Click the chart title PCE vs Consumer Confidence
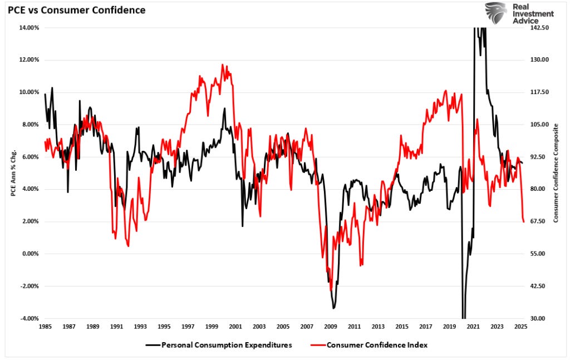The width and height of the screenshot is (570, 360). pos(76,9)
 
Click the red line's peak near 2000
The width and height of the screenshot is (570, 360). pos(222,65)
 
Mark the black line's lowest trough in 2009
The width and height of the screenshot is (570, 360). pos(333,308)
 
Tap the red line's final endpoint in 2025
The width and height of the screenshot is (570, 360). pos(524,222)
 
